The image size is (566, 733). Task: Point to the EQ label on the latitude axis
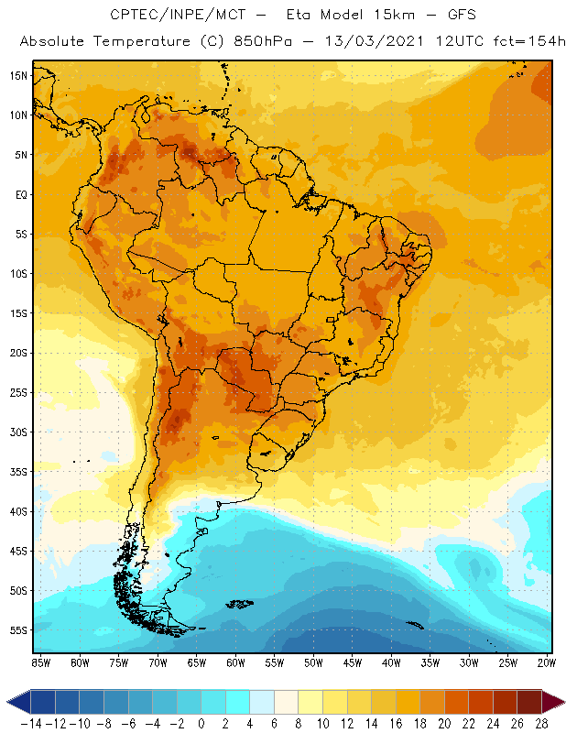point(19,194)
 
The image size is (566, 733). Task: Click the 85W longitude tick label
point(40,662)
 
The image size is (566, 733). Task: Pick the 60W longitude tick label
point(235,662)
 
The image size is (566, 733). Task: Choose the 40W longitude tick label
point(391,662)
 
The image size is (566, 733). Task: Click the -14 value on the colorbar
point(30,723)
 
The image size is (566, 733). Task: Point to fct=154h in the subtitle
point(525,42)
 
